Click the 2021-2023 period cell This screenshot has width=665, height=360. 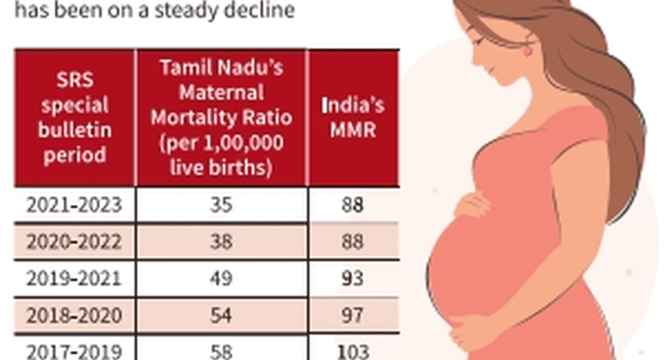pos(74,205)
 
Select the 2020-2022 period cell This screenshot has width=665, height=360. pos(74,242)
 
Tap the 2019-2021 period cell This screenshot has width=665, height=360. pos(74,278)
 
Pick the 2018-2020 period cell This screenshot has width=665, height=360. pos(74,315)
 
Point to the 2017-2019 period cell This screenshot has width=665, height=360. pos(74,350)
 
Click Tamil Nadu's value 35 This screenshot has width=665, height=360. pos(221,205)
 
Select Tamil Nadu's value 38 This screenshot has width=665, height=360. pos(221,242)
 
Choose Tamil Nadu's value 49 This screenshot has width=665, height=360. pos(221,278)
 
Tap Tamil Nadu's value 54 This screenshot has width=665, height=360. pos(221,315)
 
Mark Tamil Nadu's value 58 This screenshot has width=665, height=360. pos(221,350)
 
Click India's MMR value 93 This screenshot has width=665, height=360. pos(353,278)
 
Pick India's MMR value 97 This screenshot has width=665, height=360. pos(353,315)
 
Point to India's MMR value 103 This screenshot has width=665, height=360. pos(353,350)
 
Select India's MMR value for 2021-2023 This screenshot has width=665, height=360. pos(353,205)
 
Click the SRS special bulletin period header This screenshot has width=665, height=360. pos(75,118)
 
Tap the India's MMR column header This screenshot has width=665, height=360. pos(353,118)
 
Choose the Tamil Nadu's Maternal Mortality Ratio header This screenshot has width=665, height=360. pos(221,118)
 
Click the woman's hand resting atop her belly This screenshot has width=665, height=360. pos(473,205)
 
